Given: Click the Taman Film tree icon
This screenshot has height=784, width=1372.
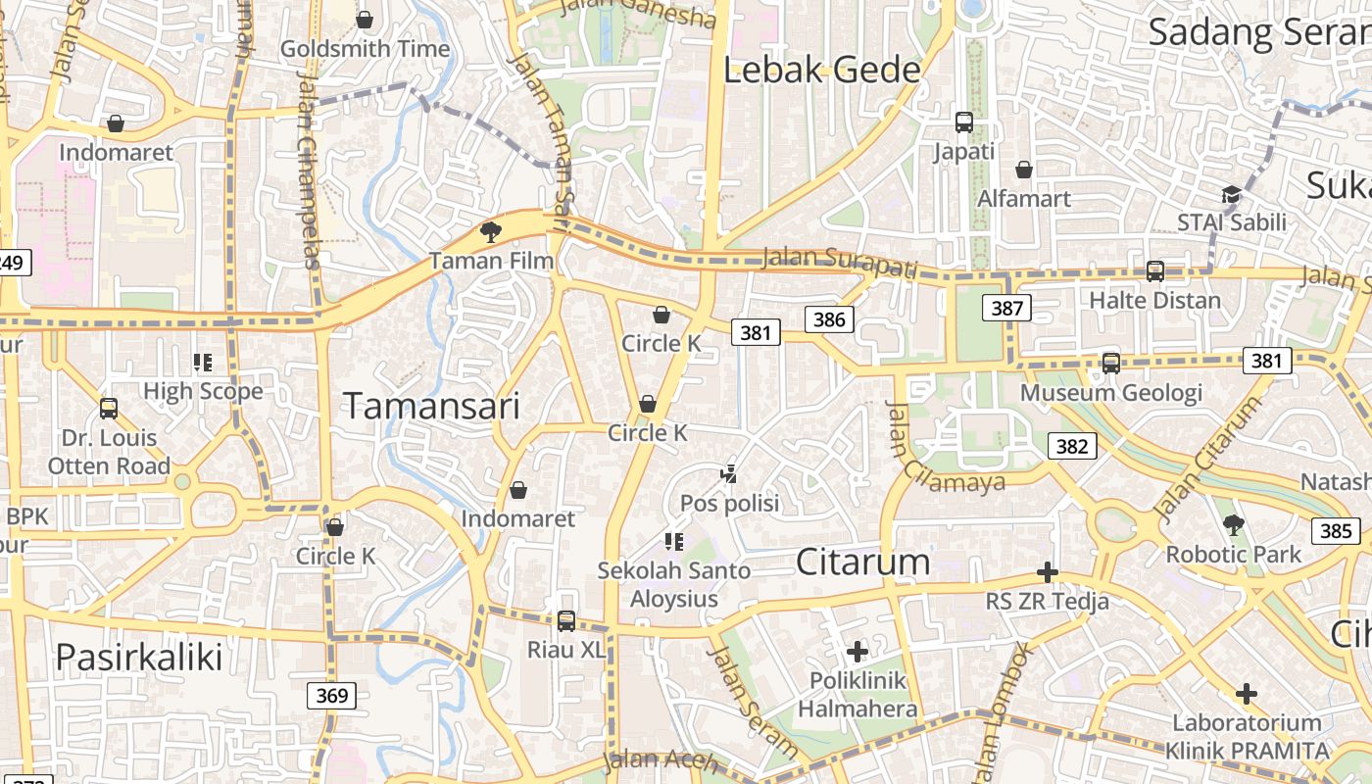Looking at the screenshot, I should click(490, 232).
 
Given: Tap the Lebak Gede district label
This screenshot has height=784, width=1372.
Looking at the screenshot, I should click(823, 70).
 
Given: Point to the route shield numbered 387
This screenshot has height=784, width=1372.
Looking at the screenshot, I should click(1006, 309).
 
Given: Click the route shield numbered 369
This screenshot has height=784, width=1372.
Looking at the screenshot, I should click(332, 696).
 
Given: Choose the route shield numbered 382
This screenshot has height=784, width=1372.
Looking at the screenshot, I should click(1072, 447).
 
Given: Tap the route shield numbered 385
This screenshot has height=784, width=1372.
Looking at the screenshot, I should click(1336, 531).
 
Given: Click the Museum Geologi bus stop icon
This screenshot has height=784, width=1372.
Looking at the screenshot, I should click(1111, 364).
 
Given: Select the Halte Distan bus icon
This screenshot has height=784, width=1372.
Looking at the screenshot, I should click(1155, 271).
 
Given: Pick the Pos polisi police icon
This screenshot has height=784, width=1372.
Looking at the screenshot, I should click(728, 474).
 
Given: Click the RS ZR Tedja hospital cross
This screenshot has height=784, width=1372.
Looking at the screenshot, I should click(1048, 572).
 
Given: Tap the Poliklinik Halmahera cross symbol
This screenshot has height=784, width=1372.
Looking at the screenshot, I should click(857, 651).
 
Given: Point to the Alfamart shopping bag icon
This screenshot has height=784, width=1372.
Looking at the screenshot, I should click(1024, 170).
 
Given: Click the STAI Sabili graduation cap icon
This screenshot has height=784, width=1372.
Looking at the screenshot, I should click(1231, 194).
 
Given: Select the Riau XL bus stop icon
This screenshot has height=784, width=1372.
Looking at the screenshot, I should click(566, 620).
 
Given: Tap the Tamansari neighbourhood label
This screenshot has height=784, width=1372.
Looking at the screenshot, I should click(431, 406).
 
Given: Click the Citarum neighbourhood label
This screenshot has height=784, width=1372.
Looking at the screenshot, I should click(862, 562).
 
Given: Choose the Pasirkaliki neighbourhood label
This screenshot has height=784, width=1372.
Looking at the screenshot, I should click(139, 657).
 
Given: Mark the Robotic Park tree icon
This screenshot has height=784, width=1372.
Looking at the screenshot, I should click(1234, 525).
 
